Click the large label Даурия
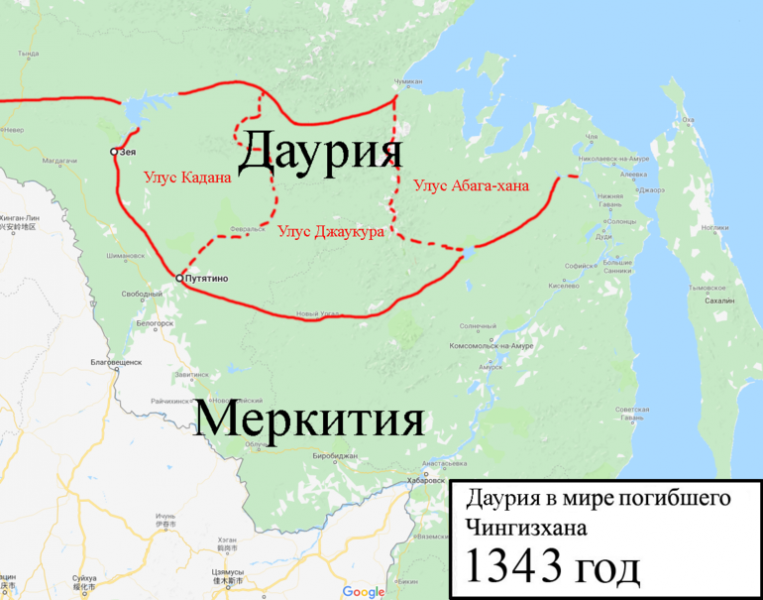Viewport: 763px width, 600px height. click(320, 152)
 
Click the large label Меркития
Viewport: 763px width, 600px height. click(308, 420)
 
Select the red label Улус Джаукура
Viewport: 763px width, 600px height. click(331, 229)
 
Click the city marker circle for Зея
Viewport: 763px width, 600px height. click(114, 152)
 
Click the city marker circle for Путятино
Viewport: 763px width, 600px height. click(178, 278)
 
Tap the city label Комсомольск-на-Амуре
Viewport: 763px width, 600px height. click(493, 345)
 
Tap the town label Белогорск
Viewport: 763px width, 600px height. click(156, 324)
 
